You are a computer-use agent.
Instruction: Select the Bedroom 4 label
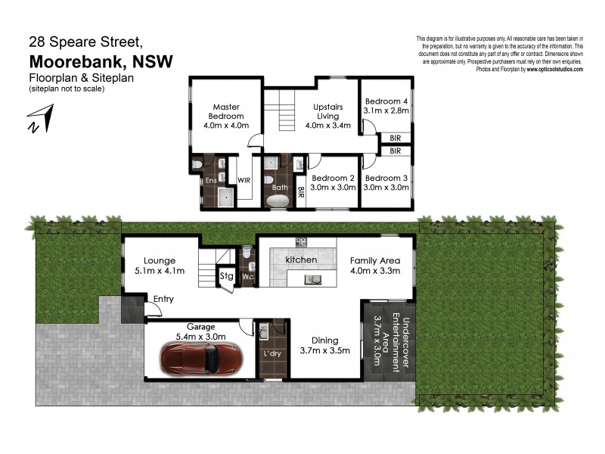click(x=386, y=106)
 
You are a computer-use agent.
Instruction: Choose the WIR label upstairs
click(x=244, y=181)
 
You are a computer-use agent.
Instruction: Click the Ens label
click(x=211, y=181)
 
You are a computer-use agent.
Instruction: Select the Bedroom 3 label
click(x=386, y=182)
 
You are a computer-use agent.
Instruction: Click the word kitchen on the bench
click(x=300, y=260)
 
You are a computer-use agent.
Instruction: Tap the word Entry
click(x=163, y=299)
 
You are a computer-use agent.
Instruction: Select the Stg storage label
click(x=226, y=276)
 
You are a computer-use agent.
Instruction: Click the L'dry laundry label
click(x=271, y=354)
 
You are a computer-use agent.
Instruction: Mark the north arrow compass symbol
click(x=39, y=121)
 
